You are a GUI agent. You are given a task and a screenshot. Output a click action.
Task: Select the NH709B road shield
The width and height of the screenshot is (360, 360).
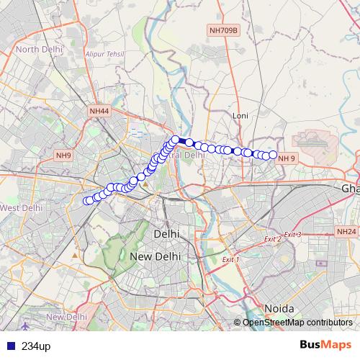[223, 30]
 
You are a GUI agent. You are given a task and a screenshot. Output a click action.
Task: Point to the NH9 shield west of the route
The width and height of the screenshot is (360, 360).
[63, 156]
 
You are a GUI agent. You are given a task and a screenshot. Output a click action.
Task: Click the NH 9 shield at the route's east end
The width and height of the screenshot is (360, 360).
[287, 158]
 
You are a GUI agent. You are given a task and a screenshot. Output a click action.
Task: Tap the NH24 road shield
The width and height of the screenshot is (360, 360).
[346, 232]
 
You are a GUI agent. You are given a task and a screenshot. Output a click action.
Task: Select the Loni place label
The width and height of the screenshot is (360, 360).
[240, 115]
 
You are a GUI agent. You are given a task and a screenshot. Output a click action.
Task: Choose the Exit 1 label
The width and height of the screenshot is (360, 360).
[230, 259]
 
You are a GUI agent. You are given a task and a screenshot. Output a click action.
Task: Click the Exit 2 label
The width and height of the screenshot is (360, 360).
[272, 239]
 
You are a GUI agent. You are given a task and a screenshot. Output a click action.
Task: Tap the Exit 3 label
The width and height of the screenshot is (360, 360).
[292, 235]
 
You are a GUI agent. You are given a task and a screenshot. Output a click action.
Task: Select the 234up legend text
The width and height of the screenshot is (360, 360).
[35, 346]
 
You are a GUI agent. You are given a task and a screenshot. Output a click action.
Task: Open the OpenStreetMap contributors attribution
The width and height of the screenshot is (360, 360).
[297, 323]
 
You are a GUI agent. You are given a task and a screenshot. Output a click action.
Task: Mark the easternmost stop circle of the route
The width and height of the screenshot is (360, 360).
[273, 154]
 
